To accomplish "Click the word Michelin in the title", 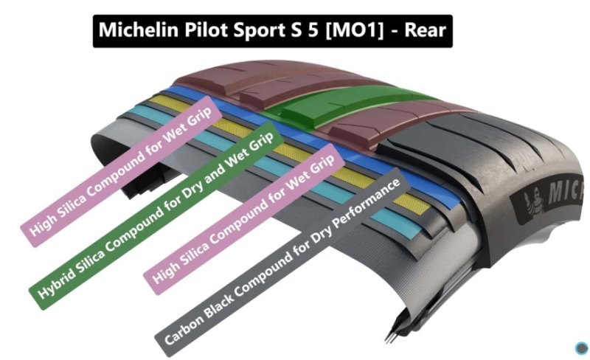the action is (x=138, y=30).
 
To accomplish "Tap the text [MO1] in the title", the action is (x=354, y=30).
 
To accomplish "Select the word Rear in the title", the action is (x=425, y=30).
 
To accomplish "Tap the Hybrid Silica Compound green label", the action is (x=156, y=215).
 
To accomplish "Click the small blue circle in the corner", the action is (x=581, y=348).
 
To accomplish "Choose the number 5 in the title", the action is (x=313, y=30).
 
